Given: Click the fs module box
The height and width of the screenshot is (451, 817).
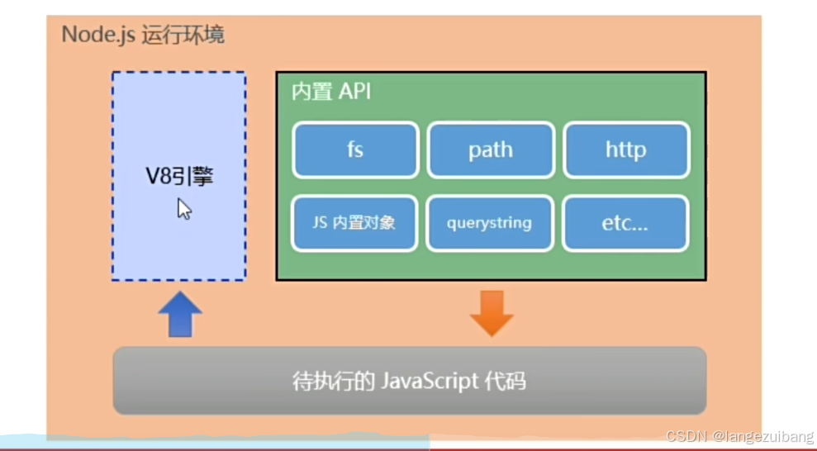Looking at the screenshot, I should coord(354,150).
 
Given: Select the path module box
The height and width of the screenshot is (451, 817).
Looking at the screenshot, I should coord(490,150).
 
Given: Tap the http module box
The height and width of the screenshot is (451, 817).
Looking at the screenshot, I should coord(625,150).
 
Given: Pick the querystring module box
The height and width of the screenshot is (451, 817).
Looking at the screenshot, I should coord(489,222).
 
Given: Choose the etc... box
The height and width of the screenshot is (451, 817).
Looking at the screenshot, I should coord(625,222).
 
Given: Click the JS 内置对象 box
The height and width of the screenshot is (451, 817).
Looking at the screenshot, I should coord(354,222).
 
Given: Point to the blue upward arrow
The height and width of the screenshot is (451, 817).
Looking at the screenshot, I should coord(179,315).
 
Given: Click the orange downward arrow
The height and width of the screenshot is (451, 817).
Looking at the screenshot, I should coord(492,313).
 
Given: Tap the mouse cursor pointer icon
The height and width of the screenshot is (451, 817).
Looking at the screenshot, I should coord(184,209).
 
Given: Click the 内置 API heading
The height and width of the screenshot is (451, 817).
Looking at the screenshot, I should coord(330,91).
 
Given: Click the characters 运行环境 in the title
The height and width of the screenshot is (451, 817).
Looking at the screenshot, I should coord(183,36).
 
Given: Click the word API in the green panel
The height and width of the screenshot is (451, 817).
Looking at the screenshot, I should coord(354,91).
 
